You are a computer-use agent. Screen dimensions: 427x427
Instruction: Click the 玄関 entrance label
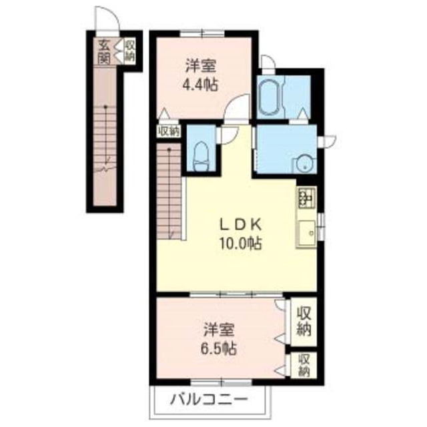pyautogui.click(x=104, y=52)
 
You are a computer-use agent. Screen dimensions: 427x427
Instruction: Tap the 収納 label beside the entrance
pyautogui.click(x=129, y=51)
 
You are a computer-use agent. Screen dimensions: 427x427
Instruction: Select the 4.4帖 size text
pyautogui.click(x=200, y=85)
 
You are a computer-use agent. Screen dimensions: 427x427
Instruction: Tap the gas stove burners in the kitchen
pyautogui.click(x=307, y=197)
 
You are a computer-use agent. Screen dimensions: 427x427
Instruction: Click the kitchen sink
pyautogui.click(x=307, y=232)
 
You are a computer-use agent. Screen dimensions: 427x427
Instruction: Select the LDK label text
pyautogui.click(x=241, y=225)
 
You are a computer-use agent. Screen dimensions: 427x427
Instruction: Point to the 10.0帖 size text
pyautogui.click(x=240, y=243)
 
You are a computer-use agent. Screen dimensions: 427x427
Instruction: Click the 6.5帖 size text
pyautogui.click(x=219, y=349)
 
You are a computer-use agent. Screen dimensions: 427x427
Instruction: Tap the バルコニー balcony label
pyautogui.click(x=209, y=400)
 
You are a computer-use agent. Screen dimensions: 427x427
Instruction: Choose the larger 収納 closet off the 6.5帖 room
pyautogui.click(x=304, y=322)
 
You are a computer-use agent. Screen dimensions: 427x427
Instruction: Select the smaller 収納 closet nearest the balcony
pyautogui.click(x=304, y=365)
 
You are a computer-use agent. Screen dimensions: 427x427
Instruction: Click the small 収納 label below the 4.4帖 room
pyautogui.click(x=169, y=131)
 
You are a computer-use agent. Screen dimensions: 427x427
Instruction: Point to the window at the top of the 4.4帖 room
pyautogui.click(x=201, y=34)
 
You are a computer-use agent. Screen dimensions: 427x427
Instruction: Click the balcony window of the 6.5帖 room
pyautogui.click(x=222, y=383)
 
